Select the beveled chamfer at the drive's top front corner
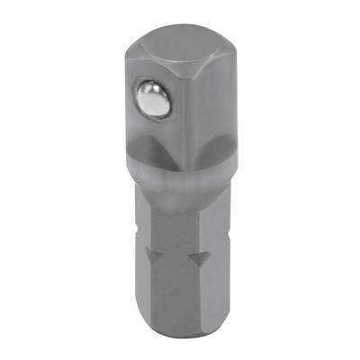171,60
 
